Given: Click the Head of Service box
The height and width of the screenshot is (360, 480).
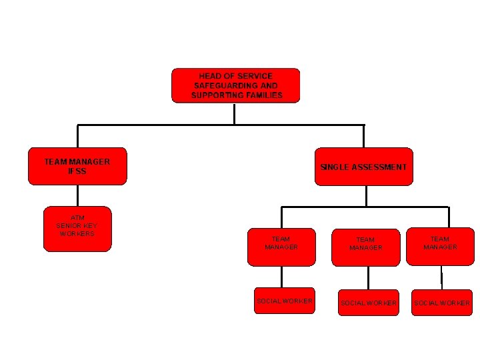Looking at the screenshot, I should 235,85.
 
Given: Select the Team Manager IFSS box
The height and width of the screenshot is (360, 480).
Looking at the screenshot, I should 77,166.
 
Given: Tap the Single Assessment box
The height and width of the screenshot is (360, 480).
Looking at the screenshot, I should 363,167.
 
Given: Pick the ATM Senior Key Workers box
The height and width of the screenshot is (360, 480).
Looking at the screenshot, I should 77,229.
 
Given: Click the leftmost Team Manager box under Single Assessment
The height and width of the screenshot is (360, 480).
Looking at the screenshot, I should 281,247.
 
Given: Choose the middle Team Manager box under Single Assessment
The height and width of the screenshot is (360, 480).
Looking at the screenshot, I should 366,247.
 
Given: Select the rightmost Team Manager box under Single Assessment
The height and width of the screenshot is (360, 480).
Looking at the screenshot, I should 440,247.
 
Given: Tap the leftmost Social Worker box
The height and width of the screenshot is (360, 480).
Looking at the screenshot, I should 285,301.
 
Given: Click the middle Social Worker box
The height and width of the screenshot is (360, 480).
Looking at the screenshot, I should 369,303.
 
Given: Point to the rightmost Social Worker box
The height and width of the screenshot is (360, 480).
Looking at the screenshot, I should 441,303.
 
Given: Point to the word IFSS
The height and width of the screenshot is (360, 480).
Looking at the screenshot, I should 77,171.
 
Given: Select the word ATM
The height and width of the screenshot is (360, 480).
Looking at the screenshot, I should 77,218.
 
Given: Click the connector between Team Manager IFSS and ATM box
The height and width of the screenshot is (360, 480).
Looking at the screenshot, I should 77,195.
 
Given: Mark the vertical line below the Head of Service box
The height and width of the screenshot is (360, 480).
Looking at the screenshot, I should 235,113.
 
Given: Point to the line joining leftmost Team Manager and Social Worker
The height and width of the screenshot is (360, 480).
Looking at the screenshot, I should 281,277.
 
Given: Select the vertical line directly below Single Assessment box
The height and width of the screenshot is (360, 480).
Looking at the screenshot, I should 366,195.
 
